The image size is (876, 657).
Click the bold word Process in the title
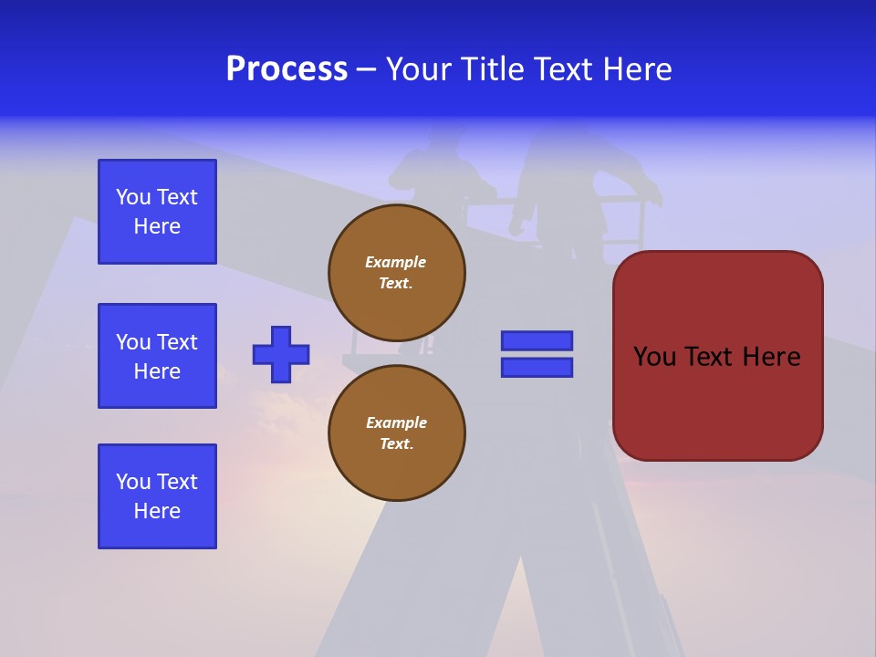(287, 69)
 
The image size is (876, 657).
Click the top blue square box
(157, 212)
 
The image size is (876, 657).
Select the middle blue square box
(157, 356)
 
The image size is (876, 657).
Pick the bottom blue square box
(157, 496)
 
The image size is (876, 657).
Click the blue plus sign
(281, 354)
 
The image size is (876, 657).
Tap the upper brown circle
(397, 272)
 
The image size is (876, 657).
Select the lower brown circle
(397, 433)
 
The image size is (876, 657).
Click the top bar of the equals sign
(537, 340)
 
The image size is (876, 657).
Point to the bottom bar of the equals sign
(537, 368)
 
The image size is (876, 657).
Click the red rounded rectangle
(717, 356)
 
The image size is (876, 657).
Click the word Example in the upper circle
(396, 262)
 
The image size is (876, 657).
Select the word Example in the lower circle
(396, 422)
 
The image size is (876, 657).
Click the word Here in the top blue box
(157, 226)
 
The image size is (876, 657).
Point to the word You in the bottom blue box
(133, 482)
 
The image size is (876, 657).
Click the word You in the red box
(655, 357)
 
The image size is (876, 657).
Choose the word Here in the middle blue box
(157, 371)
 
